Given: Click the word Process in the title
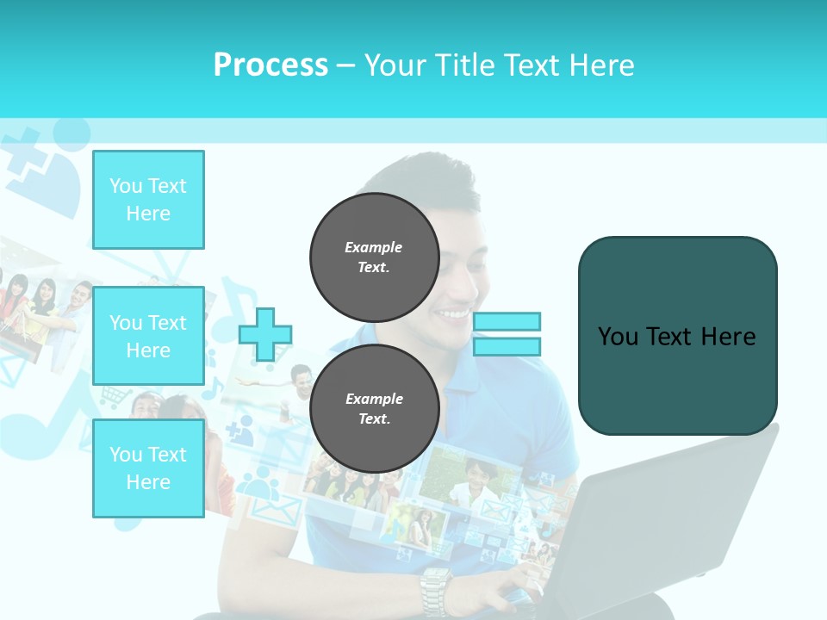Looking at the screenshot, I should [x=270, y=65].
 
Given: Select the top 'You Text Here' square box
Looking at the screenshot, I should [x=148, y=200].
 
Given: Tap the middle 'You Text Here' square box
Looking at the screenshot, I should [x=148, y=336].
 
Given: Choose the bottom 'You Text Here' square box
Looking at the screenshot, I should [x=148, y=468].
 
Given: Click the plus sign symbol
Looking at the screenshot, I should [x=265, y=334].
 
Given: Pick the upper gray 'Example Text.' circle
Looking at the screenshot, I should [x=374, y=257].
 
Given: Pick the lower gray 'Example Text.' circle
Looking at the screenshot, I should [x=374, y=408].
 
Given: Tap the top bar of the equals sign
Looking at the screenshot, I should [x=507, y=321].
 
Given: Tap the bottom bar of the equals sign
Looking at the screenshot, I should [x=507, y=347].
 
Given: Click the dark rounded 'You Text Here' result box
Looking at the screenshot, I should [x=677, y=336].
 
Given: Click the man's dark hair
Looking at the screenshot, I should [x=431, y=177].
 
